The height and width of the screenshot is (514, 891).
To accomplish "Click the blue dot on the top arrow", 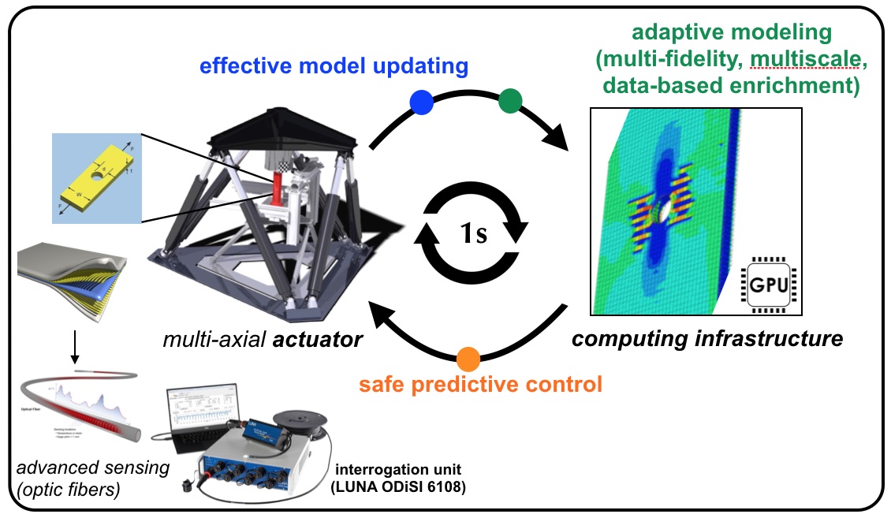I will click(x=421, y=102).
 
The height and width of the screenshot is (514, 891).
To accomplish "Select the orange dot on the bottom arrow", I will click(x=468, y=359).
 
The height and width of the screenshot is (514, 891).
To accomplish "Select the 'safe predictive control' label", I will click(x=480, y=385).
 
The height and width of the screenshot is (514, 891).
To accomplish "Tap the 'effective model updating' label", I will click(x=334, y=66).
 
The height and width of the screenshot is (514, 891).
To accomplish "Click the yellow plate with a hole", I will click(x=95, y=177).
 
